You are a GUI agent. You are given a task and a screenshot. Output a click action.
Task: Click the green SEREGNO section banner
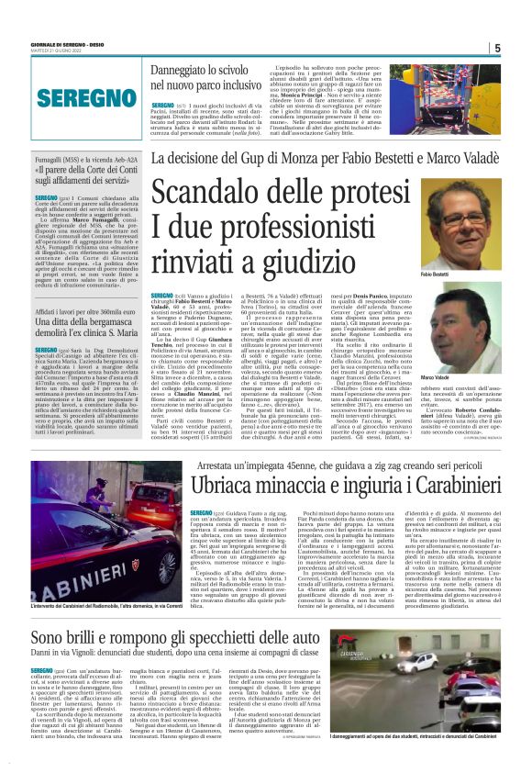(74, 98)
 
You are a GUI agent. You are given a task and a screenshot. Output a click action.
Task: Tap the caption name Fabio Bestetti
(436, 274)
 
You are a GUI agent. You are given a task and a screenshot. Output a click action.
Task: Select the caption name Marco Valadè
(436, 377)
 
